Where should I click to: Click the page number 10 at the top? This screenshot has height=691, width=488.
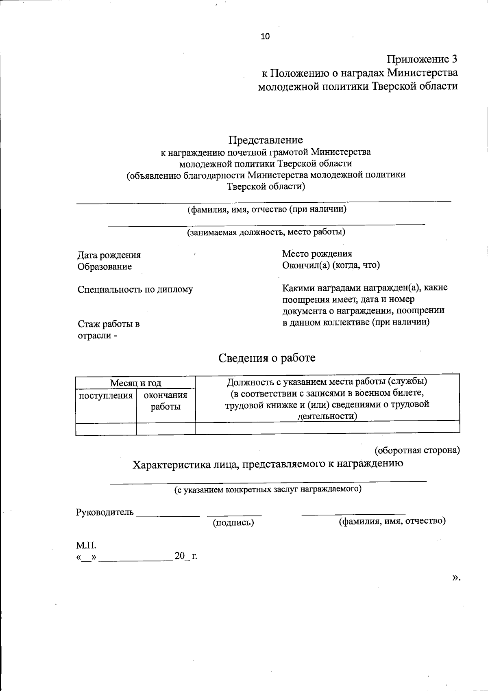pyautogui.click(x=265, y=37)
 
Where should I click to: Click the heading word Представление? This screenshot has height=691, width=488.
pyautogui.click(x=265, y=140)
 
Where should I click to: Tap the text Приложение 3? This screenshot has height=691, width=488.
pyautogui.click(x=422, y=59)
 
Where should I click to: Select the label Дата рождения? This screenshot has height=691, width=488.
pyautogui.click(x=109, y=255)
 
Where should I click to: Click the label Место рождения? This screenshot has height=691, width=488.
pyautogui.click(x=317, y=254)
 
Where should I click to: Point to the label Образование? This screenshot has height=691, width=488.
pyautogui.click(x=105, y=266)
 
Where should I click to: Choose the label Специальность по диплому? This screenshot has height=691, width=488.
pyautogui.click(x=135, y=290)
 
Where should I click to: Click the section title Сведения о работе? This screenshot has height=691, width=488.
pyautogui.click(x=267, y=358)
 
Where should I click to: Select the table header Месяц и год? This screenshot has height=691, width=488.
pyautogui.click(x=135, y=383)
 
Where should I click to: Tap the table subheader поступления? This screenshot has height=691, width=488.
pyautogui.click(x=106, y=395)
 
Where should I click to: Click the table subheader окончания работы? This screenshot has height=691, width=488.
pyautogui.click(x=166, y=401)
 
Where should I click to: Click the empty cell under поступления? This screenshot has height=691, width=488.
pyautogui.click(x=106, y=429)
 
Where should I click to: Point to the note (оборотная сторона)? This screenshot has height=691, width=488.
pyautogui.click(x=417, y=450)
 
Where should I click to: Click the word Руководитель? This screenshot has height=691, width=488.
pyautogui.click(x=105, y=512)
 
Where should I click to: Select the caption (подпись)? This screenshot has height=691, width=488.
pyautogui.click(x=233, y=523)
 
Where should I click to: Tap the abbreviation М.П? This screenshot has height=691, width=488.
pyautogui.click(x=86, y=545)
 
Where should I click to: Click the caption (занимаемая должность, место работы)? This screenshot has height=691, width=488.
pyautogui.click(x=266, y=232)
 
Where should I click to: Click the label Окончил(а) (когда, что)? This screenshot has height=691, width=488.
pyautogui.click(x=331, y=265)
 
